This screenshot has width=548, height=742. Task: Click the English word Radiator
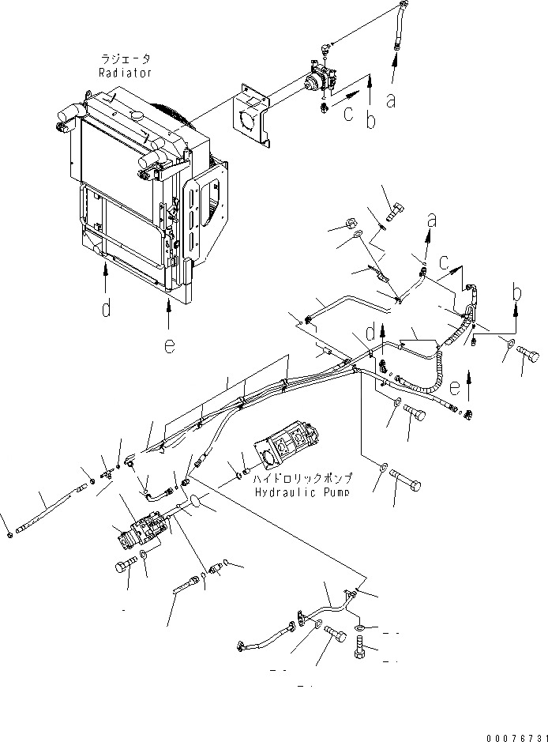tap(126, 72)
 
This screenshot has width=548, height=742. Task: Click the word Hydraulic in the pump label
tap(280, 492)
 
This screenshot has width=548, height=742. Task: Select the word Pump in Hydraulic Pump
tap(334, 492)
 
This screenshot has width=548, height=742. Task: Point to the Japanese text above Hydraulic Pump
tap(302, 479)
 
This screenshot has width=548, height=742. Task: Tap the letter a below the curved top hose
tap(390, 101)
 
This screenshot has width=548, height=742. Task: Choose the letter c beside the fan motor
tap(347, 114)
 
